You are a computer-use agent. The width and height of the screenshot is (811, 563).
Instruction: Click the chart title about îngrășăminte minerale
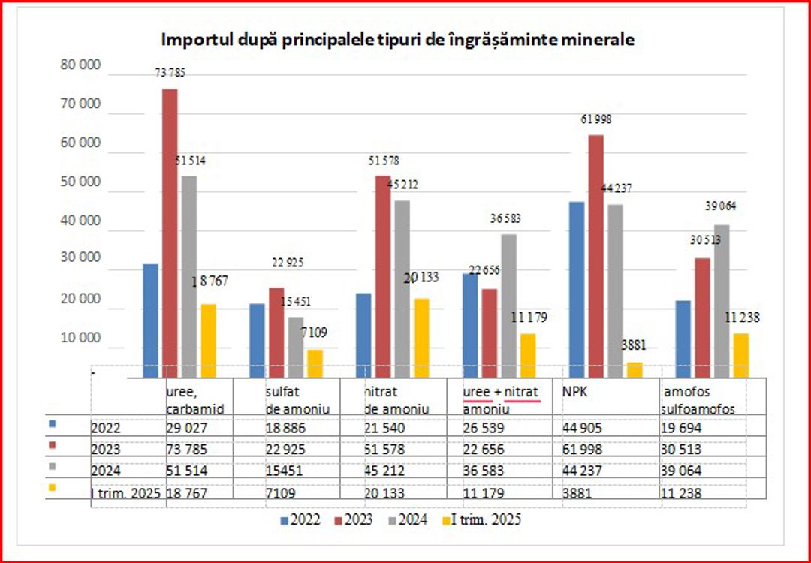point(399,39)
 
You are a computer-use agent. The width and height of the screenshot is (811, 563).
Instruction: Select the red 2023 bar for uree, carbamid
point(170,233)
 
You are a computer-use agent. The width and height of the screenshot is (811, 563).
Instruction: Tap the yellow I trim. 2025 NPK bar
point(635,370)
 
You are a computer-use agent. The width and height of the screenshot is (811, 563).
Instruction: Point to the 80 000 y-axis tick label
point(80,65)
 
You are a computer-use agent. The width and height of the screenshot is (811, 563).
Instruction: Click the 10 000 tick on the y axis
point(80,338)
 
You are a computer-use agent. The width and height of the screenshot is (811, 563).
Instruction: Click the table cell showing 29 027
point(191,429)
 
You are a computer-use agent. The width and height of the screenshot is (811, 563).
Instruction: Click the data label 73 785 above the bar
point(170,73)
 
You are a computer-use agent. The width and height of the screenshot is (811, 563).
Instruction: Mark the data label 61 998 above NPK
point(596,119)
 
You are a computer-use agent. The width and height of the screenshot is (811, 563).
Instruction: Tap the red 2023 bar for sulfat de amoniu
point(276,332)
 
